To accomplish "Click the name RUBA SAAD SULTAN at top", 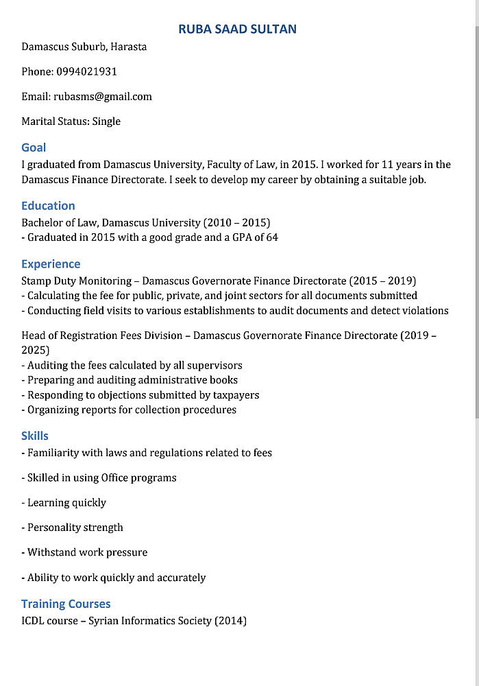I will tap(237, 29).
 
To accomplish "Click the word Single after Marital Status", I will tap(106, 121).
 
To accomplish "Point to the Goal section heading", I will tap(34, 147).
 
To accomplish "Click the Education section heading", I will tap(48, 206).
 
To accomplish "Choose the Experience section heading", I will tap(51, 264).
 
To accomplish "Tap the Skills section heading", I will tap(35, 436).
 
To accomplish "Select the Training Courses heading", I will tap(66, 604).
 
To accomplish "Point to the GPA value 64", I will tap(272, 238).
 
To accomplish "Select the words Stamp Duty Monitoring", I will tap(76, 281).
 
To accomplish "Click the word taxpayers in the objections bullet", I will tap(236, 395).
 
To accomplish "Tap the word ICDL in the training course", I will tap(33, 622).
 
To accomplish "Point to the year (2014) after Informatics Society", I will tap(230, 622).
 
